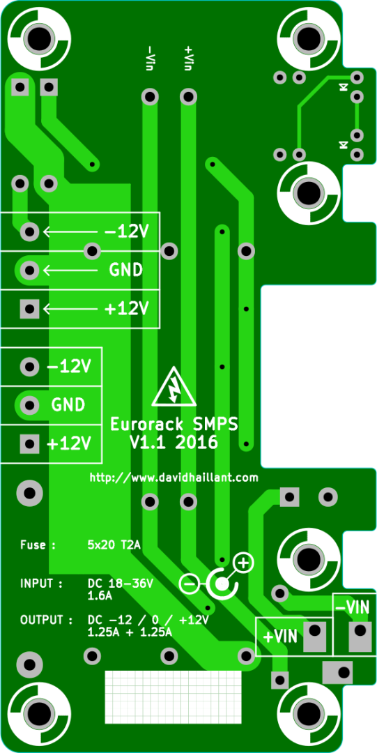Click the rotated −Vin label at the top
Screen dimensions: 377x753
151,59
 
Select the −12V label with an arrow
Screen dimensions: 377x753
126,232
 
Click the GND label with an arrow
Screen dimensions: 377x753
126,271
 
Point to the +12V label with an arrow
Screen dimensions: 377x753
126,309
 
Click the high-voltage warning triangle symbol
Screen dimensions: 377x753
174,386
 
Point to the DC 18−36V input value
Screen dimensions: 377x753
120,584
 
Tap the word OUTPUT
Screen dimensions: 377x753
42,620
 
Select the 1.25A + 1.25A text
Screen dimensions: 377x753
130,632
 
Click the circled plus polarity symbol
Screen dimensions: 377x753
243,563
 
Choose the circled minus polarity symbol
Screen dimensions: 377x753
189,584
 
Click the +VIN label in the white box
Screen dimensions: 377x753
281,637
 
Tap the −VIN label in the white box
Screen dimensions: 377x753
353,607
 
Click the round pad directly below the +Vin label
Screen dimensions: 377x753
188,97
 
